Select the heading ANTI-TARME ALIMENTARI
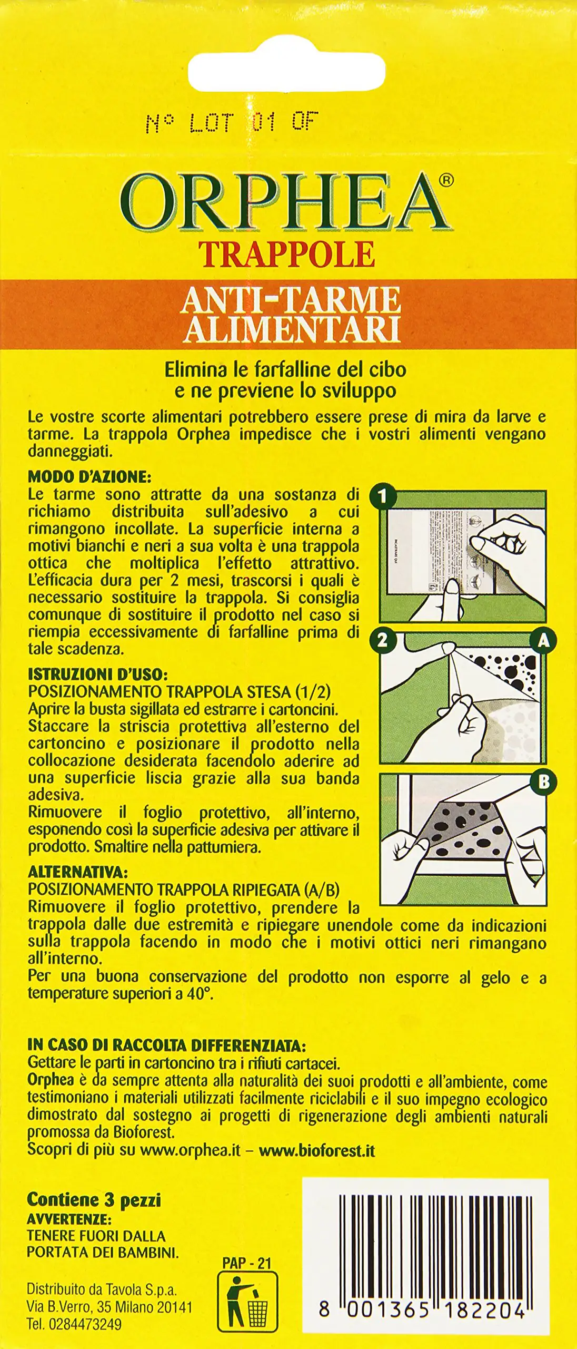[290, 314]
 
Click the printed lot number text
[232, 123]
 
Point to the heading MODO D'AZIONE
[89, 477]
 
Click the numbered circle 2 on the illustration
[383, 640]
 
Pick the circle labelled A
[543, 640]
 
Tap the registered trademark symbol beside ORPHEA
[445, 180]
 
